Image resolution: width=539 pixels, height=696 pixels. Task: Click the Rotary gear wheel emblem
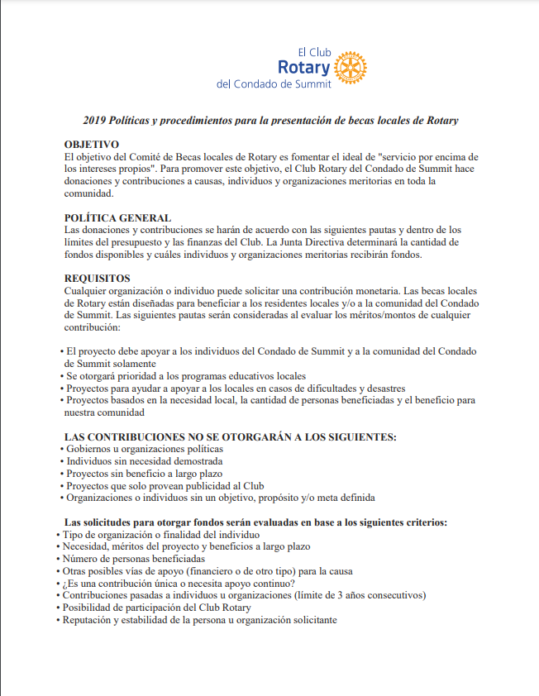(x=351, y=67)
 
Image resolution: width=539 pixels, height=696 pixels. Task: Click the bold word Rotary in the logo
(x=303, y=67)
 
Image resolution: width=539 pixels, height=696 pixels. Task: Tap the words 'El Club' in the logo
(x=313, y=51)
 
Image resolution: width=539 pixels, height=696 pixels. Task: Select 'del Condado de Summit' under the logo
(x=273, y=84)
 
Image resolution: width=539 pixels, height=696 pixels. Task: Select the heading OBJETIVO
(x=91, y=145)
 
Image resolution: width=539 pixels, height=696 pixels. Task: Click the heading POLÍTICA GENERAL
(x=117, y=218)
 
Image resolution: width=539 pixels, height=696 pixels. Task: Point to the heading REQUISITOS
(x=97, y=279)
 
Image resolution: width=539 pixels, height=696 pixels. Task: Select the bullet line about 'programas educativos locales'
(x=186, y=376)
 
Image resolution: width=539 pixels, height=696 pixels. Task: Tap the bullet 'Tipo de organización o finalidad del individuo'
(x=161, y=534)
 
